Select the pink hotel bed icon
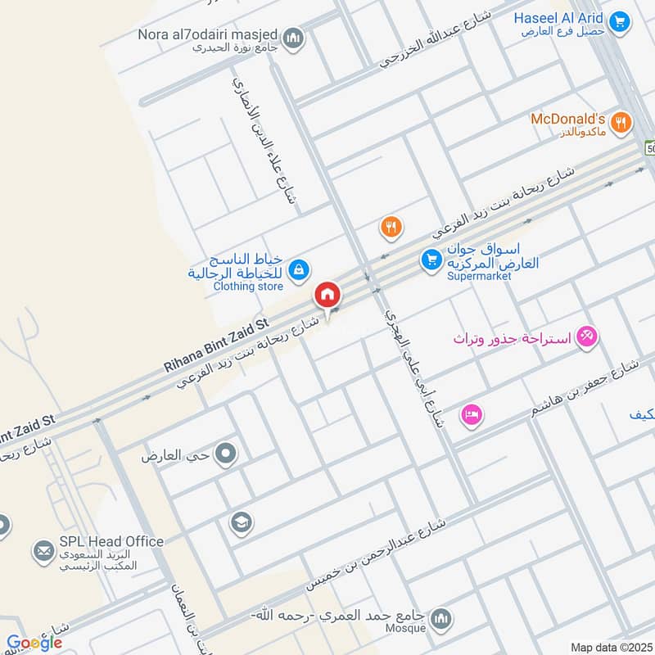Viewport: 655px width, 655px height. [x=472, y=414]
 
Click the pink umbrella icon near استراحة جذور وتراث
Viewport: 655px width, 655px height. [x=586, y=336]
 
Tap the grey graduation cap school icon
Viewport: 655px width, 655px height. [x=241, y=522]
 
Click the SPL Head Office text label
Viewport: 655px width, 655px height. [x=111, y=541]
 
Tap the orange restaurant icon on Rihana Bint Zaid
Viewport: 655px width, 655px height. [x=391, y=228]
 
